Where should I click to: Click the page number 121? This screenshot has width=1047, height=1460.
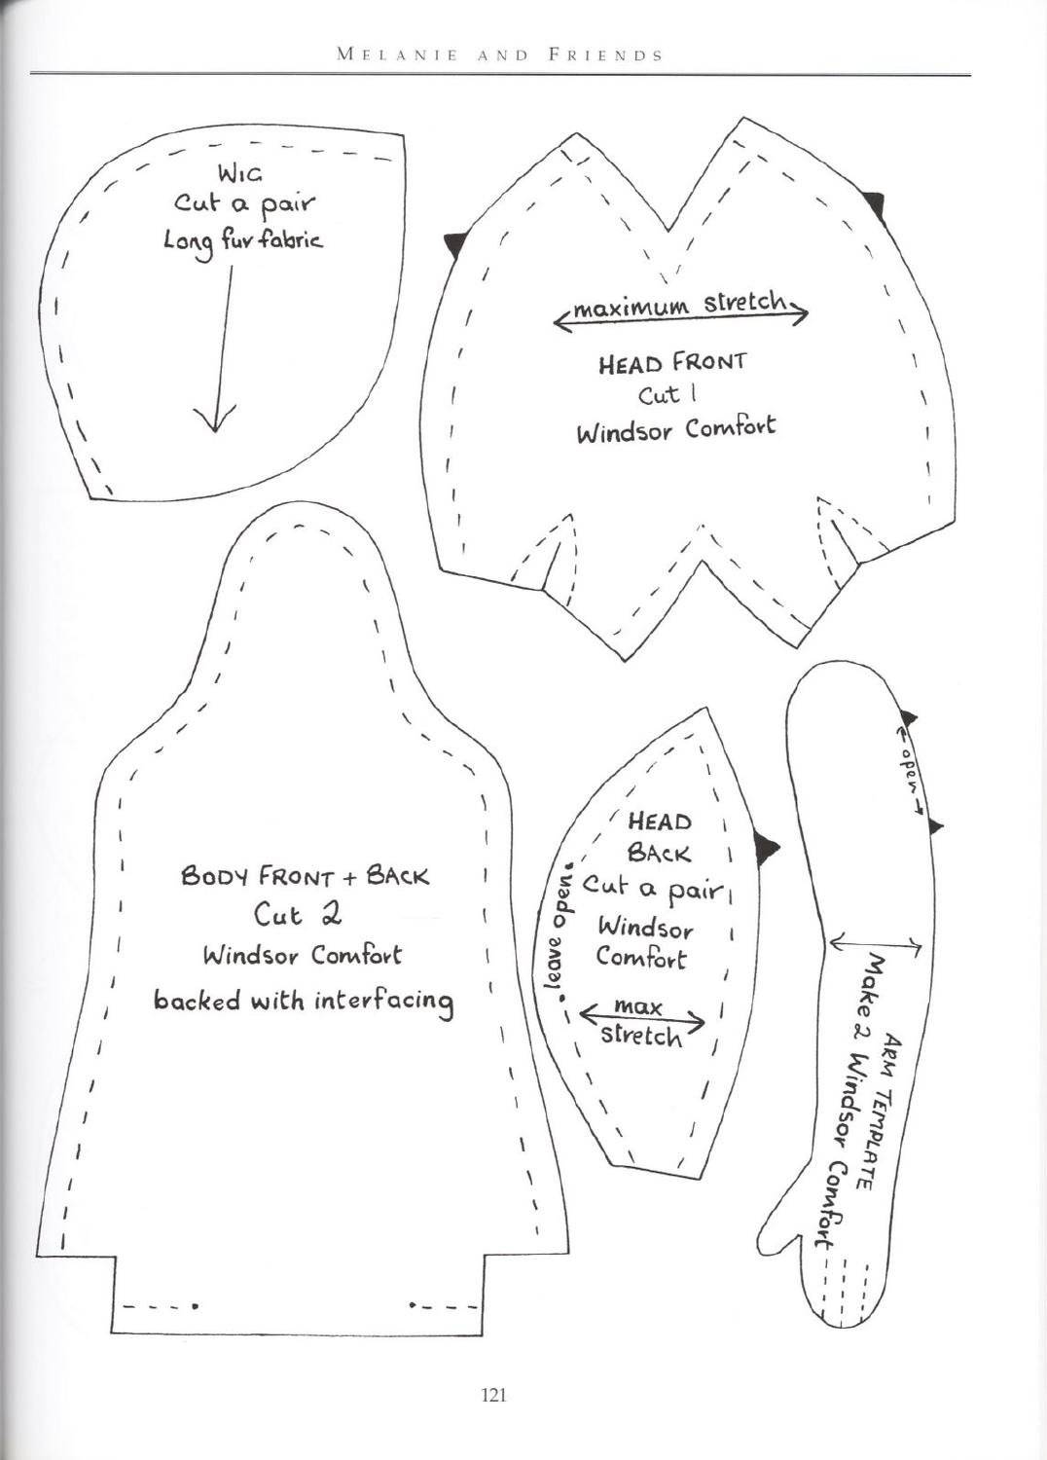tap(494, 1396)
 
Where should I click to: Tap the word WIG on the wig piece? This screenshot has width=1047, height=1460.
tap(240, 174)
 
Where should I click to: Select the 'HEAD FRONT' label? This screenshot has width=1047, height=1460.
tap(672, 362)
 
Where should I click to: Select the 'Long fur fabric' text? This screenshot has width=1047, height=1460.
tap(242, 242)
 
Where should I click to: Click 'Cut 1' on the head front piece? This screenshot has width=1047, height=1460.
tap(660, 395)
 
